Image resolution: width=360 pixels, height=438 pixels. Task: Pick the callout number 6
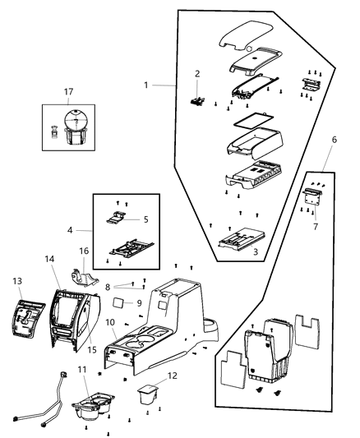[x=334, y=141]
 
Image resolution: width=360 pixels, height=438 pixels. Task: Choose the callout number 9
[x=139, y=302]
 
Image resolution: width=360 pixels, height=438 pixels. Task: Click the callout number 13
[x=18, y=280]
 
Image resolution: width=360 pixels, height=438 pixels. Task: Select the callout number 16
[x=84, y=250]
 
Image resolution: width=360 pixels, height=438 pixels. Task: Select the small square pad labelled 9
[x=119, y=302]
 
